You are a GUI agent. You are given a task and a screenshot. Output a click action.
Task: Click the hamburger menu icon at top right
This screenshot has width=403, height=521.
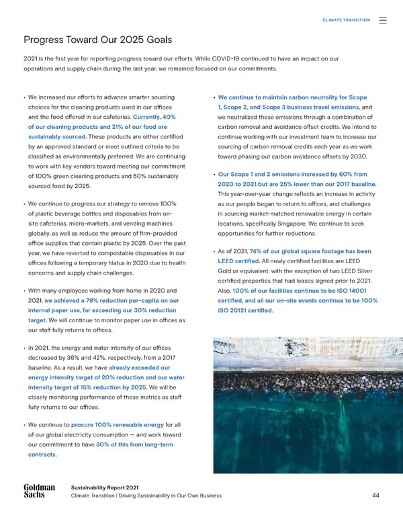coord(382,20)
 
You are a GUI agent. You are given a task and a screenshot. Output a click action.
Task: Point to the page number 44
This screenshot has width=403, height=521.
coord(376,496)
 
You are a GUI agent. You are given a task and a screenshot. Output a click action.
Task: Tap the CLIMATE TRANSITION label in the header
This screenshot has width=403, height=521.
coord(347,20)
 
